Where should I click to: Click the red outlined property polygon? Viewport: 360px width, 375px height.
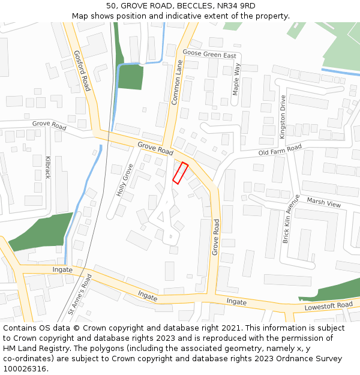(181, 173)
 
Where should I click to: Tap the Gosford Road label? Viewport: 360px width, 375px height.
(82, 70)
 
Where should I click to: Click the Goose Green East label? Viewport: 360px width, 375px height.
(209, 55)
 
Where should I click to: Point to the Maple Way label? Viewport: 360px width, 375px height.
(236, 79)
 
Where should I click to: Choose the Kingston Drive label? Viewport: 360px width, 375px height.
(283, 117)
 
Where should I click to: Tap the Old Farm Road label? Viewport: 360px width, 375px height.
(280, 149)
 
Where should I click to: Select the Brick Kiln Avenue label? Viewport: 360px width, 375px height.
(290, 218)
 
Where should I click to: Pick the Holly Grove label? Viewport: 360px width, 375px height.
(124, 181)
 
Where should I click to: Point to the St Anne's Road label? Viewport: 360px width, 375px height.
(80, 294)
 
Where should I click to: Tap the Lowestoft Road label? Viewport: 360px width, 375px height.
(329, 305)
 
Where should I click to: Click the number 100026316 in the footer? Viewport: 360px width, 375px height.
(25, 368)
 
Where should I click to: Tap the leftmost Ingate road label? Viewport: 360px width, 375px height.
(62, 270)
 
